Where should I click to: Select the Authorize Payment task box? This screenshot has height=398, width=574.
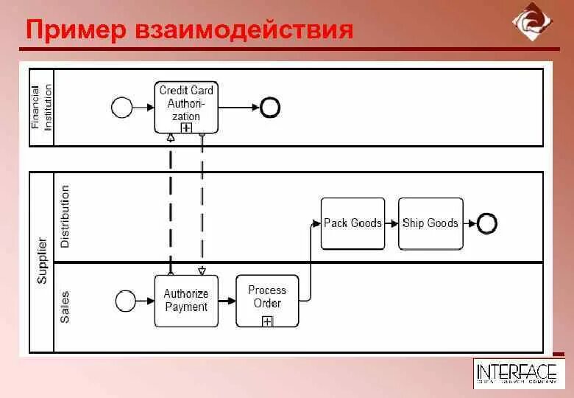186,300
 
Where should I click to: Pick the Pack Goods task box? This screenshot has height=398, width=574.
352,223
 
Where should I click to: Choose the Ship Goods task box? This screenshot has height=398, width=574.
431,223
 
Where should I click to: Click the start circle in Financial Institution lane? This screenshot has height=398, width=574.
121,108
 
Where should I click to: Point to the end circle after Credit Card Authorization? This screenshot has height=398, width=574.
270,108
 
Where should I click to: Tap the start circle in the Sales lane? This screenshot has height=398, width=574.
126,300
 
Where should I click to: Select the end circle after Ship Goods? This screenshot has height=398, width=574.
486,223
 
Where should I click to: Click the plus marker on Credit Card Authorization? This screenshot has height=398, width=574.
186,128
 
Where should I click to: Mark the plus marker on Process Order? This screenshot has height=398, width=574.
267,321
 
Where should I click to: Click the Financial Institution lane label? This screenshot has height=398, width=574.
42,108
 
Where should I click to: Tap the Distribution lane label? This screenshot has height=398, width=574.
65,216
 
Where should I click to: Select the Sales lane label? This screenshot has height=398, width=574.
65,306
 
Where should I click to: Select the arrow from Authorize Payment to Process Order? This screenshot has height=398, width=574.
227,300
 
